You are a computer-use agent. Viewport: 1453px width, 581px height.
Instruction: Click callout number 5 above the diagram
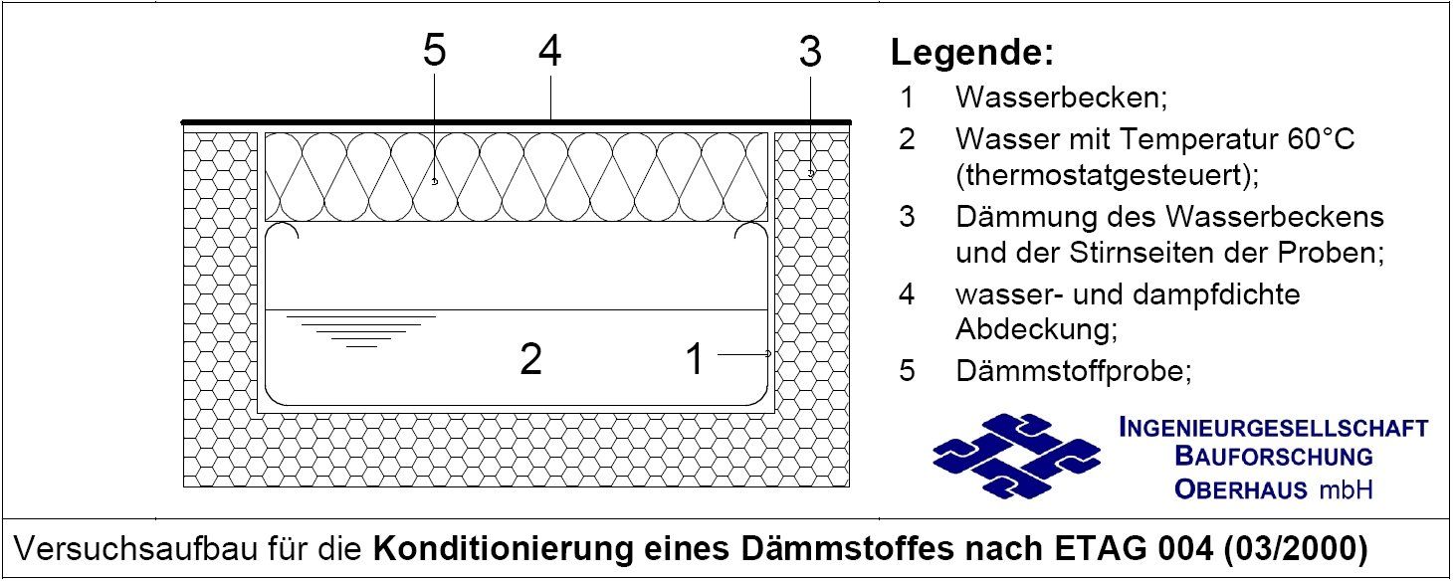point(434,52)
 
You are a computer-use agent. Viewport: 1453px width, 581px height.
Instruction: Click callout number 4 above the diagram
point(549,52)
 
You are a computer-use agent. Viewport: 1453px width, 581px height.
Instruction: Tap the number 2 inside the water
point(531,359)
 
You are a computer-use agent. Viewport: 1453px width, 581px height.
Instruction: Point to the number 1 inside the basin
point(695,359)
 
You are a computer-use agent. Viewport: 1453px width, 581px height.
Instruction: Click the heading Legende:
point(971,54)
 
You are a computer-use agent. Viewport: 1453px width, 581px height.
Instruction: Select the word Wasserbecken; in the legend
point(1061,97)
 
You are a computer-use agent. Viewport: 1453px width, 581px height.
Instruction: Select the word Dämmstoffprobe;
point(1073,371)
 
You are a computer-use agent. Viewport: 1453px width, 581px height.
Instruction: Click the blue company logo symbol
point(1016,456)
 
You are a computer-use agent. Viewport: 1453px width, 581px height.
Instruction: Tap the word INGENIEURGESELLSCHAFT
point(1274,429)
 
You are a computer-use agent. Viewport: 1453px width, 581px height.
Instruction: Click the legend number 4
point(907,295)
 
